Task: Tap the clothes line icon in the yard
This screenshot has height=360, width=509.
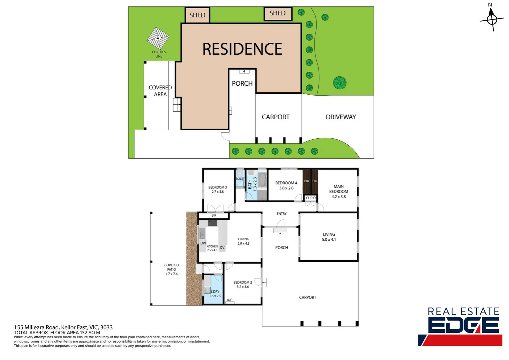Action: [158, 38]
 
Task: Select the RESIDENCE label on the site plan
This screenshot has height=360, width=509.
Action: [242, 49]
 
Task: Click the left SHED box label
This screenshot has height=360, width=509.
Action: [197, 15]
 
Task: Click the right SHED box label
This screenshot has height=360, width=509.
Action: [277, 13]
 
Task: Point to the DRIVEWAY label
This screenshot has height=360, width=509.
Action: [341, 117]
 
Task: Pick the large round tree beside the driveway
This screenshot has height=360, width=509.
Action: [340, 83]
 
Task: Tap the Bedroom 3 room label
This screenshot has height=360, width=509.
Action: [218, 187]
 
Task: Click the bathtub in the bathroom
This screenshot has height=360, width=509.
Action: [263, 180]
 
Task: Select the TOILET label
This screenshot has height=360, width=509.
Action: [240, 179]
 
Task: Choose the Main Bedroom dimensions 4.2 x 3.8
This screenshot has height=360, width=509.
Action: [338, 197]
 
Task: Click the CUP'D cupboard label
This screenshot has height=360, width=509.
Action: [311, 198]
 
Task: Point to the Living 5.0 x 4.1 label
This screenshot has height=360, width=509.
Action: [329, 237]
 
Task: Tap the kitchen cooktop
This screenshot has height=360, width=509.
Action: [213, 223]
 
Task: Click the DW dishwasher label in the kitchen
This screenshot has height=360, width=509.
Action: [203, 243]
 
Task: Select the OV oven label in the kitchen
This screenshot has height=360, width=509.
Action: [222, 248]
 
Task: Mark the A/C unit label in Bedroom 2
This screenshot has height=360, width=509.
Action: [230, 300]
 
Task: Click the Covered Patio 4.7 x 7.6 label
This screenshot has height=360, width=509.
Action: [172, 269]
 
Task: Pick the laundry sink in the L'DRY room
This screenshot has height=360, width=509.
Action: [207, 290]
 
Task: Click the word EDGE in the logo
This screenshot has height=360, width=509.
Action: [463, 325]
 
